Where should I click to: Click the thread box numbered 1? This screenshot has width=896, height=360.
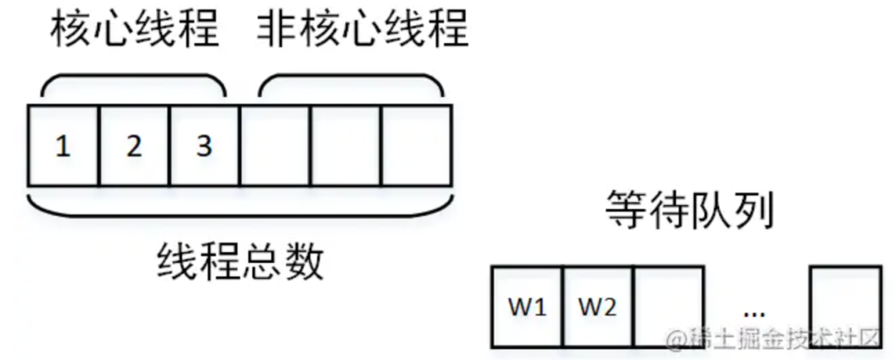[x=63, y=146]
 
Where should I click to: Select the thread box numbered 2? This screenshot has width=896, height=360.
[x=134, y=146]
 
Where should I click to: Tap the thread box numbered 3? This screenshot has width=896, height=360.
[x=204, y=146]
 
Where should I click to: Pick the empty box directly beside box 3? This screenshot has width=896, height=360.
[x=275, y=146]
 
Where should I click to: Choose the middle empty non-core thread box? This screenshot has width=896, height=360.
[x=345, y=146]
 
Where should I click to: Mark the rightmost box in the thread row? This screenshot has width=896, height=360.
[x=416, y=146]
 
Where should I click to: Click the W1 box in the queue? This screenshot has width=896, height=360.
[x=527, y=307]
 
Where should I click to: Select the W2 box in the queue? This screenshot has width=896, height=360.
[x=597, y=307]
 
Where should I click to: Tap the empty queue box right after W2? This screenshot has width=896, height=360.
[x=669, y=307]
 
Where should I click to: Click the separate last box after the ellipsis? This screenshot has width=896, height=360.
[x=845, y=307]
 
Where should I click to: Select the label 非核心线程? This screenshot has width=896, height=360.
[x=362, y=31]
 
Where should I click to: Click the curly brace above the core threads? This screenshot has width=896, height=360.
[x=134, y=85]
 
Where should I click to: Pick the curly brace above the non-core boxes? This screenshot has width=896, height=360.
[x=349, y=85]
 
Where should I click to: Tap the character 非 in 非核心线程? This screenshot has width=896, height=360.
[x=275, y=31]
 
